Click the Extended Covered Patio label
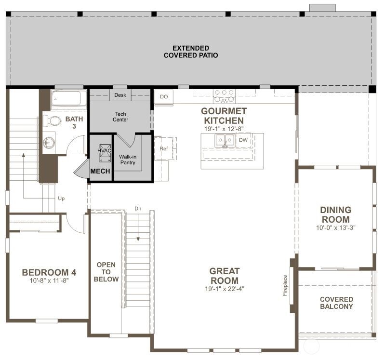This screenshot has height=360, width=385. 191,52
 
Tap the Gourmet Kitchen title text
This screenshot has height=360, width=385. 224,116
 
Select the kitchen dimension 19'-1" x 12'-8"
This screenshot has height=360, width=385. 224,128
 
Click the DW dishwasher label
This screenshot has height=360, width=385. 243,140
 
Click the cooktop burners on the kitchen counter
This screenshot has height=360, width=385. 224,95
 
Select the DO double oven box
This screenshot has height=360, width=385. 164,97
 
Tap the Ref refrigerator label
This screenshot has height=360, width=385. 163,149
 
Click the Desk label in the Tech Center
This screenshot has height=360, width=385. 120,95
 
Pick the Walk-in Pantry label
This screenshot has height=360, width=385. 128,160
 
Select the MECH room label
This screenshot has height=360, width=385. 100,172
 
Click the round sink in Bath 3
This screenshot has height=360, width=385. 49,143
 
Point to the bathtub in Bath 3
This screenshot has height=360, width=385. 68,99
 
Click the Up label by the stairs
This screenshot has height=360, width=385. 61,198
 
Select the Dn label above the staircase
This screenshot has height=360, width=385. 138,209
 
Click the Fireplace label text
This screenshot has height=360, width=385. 285,285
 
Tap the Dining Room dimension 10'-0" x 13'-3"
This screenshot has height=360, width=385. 335,227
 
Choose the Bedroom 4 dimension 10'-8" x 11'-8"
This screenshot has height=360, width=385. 49,280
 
